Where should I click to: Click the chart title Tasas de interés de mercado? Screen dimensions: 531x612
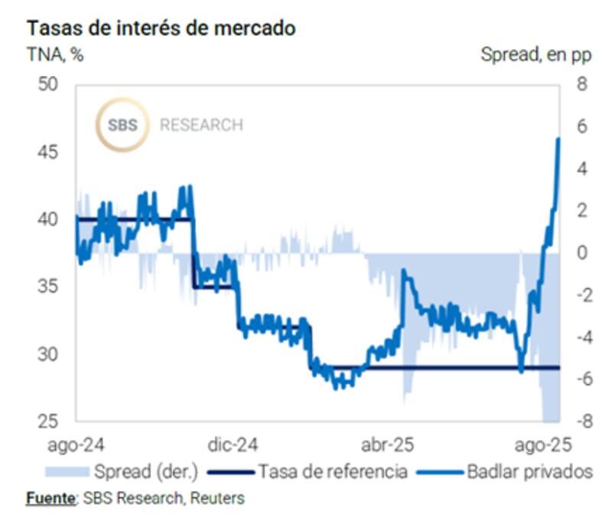(x=161, y=28)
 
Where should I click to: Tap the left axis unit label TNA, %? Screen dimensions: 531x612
(x=55, y=56)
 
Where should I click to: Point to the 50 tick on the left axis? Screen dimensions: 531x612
(x=49, y=84)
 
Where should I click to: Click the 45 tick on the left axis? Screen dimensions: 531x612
(x=49, y=152)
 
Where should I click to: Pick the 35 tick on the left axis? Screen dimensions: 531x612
(x=49, y=287)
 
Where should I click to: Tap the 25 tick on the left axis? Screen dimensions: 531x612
(x=49, y=422)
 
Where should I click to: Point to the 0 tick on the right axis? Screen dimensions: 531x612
(x=581, y=253)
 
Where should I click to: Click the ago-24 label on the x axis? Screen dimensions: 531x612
(x=76, y=445)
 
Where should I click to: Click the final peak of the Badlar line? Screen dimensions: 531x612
(x=558, y=139)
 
